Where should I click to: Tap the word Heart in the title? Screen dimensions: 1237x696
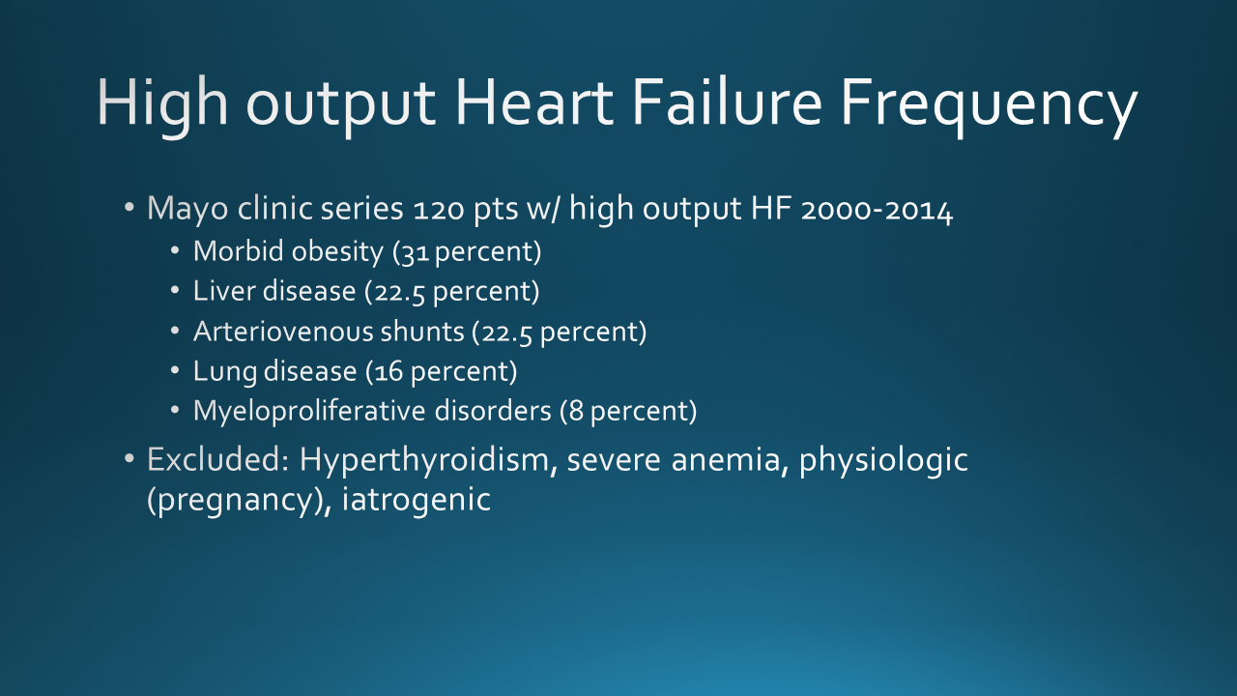[x=534, y=102]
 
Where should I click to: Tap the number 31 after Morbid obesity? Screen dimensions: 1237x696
[x=415, y=253]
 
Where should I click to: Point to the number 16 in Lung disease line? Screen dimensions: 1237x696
[x=388, y=372]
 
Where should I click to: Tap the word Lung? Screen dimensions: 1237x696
[x=225, y=372]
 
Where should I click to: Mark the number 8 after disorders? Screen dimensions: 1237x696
[x=576, y=412]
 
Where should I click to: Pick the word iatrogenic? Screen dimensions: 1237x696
[x=417, y=500]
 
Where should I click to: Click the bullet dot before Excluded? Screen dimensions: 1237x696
[x=129, y=458]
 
